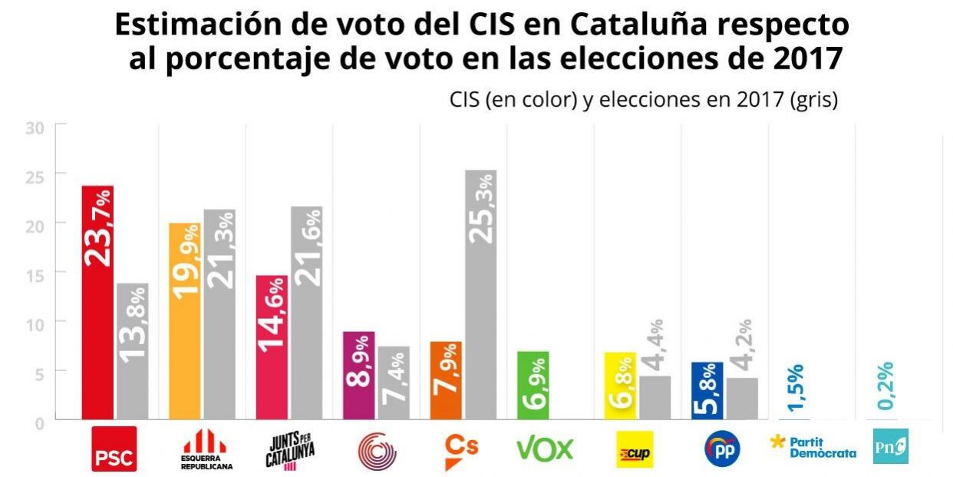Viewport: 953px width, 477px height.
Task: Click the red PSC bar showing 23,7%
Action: [97, 303]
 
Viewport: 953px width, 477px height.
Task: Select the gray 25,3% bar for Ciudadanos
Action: [481, 295]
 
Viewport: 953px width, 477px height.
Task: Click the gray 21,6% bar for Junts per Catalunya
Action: [307, 313]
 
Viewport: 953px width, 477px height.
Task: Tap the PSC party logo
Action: [114, 449]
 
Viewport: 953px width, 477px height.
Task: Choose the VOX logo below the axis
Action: [545, 449]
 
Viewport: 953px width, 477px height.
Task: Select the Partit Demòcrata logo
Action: [813, 447]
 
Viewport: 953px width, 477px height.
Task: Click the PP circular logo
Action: [722, 449]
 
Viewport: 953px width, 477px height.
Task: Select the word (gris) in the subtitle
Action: [813, 100]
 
